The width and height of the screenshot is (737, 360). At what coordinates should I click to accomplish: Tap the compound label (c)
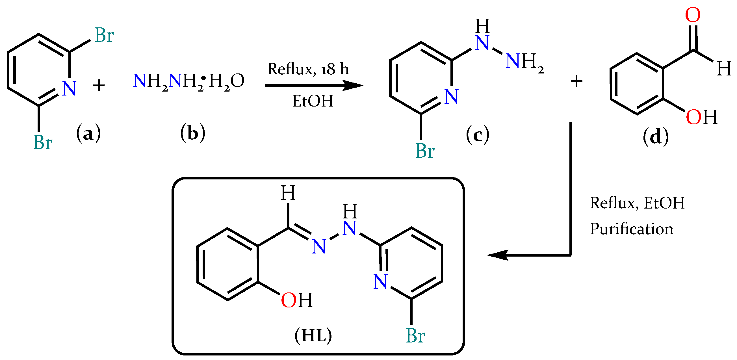[477, 135]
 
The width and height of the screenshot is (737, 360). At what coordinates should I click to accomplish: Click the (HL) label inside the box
[313, 335]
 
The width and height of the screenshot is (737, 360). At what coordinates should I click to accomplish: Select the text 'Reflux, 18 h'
[308, 69]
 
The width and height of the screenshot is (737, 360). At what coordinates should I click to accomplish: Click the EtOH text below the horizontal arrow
[313, 101]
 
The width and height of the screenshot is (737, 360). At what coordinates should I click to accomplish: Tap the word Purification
[631, 229]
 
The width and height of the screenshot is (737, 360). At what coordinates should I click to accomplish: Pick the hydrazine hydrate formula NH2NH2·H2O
[188, 81]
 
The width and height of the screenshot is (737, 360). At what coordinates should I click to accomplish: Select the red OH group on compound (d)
[701, 117]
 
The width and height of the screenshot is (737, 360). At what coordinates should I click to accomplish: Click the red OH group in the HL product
[296, 300]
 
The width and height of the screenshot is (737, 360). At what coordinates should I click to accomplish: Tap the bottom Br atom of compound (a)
[43, 142]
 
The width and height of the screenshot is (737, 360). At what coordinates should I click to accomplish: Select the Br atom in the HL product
[415, 335]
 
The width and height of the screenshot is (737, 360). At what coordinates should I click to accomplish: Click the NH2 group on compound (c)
[524, 62]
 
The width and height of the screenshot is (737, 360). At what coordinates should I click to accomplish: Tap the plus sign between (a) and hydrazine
[99, 86]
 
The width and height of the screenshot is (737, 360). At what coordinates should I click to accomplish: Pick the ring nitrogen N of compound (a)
[69, 88]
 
